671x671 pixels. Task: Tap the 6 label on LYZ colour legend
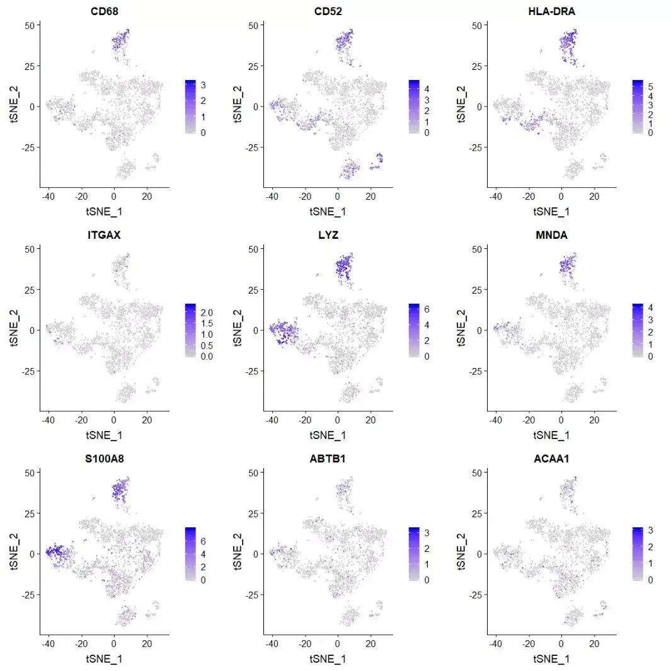point(427,309)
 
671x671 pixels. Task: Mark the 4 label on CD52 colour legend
point(427,89)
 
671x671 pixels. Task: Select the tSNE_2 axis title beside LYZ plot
point(237,330)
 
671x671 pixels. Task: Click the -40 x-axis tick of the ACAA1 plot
point(495,644)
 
